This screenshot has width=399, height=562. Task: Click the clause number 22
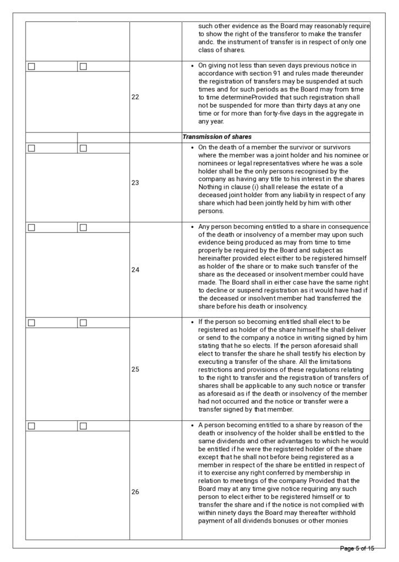tap(136, 97)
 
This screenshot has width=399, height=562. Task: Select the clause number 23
tap(136, 183)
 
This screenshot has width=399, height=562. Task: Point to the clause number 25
tap(136, 369)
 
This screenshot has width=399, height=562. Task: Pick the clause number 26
tap(136, 492)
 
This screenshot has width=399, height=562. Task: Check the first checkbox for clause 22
tap(31, 66)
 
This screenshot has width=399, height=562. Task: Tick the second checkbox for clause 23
tap(83, 148)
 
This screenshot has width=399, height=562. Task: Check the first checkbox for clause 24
tap(31, 227)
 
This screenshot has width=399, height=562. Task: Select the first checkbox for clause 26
tap(31, 426)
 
